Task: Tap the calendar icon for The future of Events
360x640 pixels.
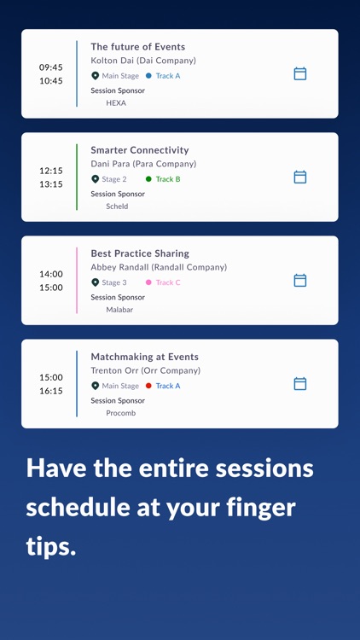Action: pyautogui.click(x=300, y=73)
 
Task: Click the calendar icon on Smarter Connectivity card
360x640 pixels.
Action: pyautogui.click(x=300, y=177)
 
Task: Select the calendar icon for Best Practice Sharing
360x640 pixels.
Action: pyautogui.click(x=300, y=280)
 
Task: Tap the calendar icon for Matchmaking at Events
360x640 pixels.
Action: pyautogui.click(x=300, y=384)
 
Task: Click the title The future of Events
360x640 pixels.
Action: pyautogui.click(x=138, y=47)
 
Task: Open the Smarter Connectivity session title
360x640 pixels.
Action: pyautogui.click(x=140, y=150)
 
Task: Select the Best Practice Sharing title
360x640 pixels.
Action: pyautogui.click(x=140, y=253)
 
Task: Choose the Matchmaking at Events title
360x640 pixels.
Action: pyautogui.click(x=144, y=357)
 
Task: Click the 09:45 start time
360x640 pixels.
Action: pyautogui.click(x=51, y=67)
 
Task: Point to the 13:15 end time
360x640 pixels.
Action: pyautogui.click(x=51, y=184)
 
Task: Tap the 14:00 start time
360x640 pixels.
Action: pyautogui.click(x=51, y=274)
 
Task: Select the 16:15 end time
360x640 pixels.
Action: pyautogui.click(x=51, y=391)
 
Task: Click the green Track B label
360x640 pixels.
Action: pyautogui.click(x=168, y=179)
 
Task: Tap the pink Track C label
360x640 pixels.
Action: pyautogui.click(x=168, y=282)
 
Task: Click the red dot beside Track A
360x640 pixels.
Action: pyautogui.click(x=148, y=386)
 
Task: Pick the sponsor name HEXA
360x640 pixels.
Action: pyautogui.click(x=116, y=103)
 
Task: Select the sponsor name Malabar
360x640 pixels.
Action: pyautogui.click(x=119, y=310)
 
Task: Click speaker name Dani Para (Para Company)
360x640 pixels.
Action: pyautogui.click(x=143, y=164)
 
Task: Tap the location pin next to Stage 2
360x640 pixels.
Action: pyautogui.click(x=96, y=179)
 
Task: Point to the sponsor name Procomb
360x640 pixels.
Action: pyautogui.click(x=120, y=413)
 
